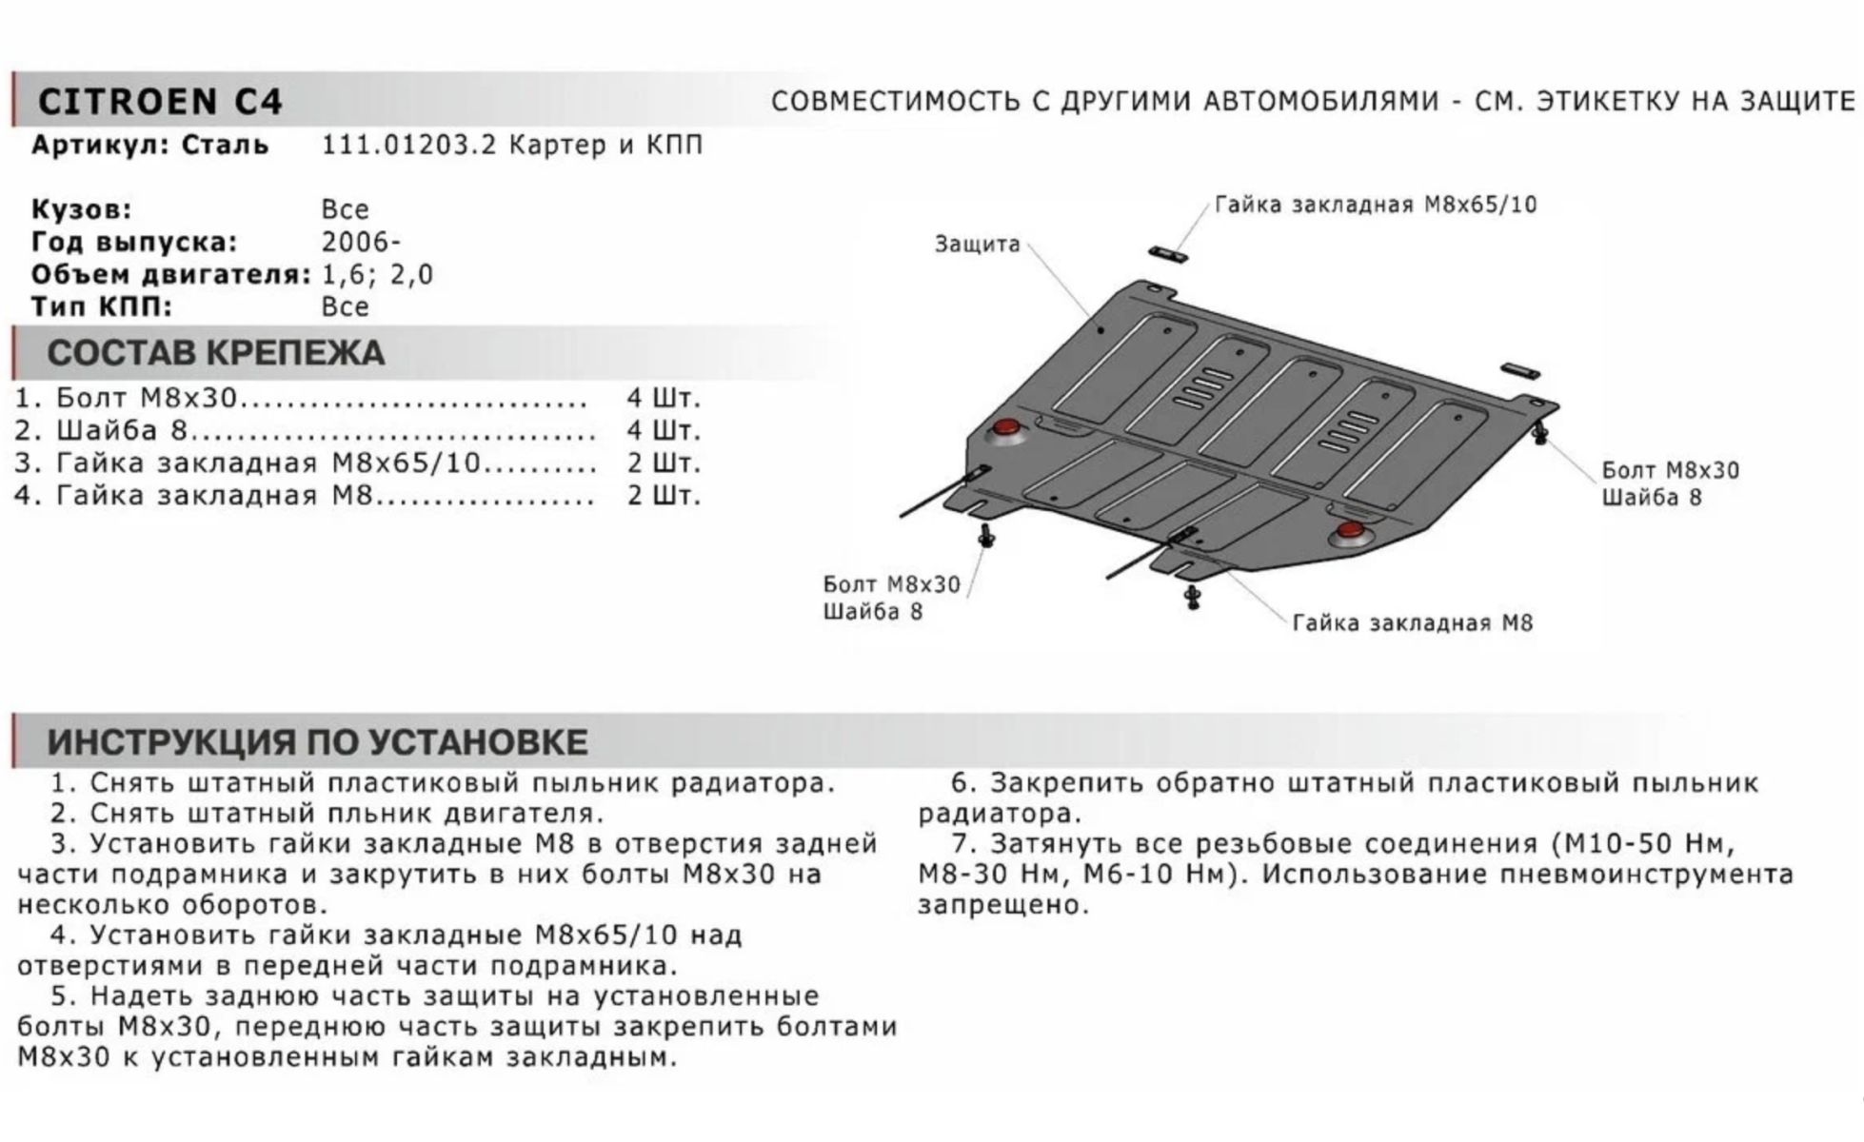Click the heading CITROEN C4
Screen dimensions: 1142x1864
(160, 101)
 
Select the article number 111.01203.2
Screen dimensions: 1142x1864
(409, 145)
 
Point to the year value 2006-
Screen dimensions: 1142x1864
(361, 242)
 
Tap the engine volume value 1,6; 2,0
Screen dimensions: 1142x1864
(377, 274)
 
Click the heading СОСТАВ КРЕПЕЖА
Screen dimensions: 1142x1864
(215, 353)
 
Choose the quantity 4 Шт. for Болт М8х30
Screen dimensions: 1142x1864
(663, 398)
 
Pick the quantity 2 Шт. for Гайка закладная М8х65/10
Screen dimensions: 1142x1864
(663, 463)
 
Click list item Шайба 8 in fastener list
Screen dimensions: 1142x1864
(121, 430)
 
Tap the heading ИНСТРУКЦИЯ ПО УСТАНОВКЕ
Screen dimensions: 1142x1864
(317, 741)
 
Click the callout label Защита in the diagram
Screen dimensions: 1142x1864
(977, 244)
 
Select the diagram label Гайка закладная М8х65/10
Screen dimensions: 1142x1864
(1376, 205)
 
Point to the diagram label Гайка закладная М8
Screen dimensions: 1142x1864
(1413, 623)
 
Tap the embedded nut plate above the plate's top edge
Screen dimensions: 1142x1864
(1167, 254)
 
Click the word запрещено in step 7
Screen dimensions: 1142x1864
(1002, 904)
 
